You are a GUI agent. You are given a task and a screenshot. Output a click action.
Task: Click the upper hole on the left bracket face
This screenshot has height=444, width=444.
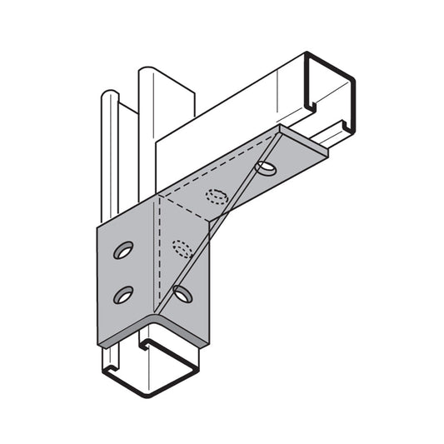[123, 250]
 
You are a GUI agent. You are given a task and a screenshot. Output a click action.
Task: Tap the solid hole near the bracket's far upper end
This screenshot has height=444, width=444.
[267, 168]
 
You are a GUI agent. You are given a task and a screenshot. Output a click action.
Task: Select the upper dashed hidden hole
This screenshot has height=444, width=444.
[217, 197]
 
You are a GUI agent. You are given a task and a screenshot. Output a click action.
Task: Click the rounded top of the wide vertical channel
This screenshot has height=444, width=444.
[155, 71]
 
